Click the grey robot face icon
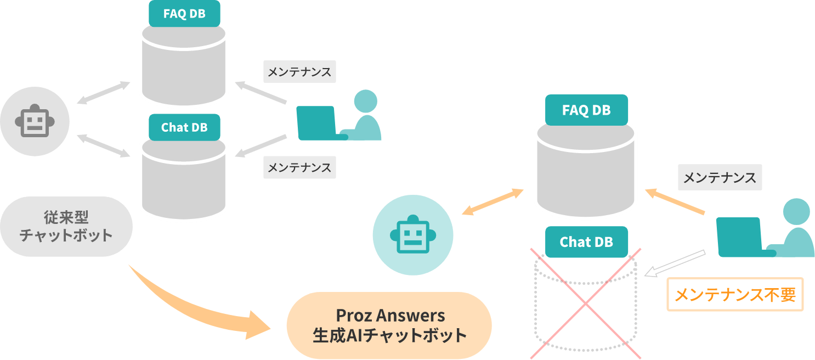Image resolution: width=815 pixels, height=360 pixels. [x=35, y=121]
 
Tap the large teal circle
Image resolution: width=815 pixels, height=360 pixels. [x=412, y=235]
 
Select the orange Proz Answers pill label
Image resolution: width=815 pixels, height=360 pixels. [x=389, y=325]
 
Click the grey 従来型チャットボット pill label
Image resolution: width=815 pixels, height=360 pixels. [x=66, y=227]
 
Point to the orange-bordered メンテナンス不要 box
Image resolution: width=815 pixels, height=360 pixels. [x=734, y=295]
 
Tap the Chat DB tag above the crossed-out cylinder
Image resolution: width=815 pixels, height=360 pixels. [x=586, y=242]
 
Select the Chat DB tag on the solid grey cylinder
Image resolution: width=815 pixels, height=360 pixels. [x=184, y=127]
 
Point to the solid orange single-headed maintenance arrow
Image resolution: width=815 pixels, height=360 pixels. [x=675, y=201]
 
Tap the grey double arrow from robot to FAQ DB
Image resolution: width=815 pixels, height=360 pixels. [x=103, y=93]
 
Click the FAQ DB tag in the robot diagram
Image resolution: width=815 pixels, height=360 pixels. [x=184, y=14]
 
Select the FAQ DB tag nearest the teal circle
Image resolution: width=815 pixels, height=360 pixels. [x=586, y=110]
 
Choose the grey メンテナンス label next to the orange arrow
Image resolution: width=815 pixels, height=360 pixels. [x=720, y=177]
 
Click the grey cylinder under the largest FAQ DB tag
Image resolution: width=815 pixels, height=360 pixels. [x=586, y=170]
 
